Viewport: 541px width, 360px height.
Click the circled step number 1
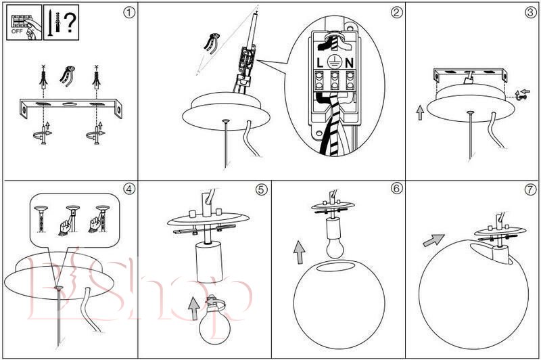128,13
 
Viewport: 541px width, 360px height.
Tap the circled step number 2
396,12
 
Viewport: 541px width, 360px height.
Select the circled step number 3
530,12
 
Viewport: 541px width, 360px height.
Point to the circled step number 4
128,189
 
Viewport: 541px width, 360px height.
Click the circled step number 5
262,189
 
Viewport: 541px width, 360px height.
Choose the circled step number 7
530,189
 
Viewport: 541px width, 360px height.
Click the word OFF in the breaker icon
17,31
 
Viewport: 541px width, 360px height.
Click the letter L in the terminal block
320,63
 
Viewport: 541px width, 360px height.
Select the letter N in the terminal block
349,63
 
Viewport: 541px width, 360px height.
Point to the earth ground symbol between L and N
334,62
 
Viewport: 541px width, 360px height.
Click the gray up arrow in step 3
420,113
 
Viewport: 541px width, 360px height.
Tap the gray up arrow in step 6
299,252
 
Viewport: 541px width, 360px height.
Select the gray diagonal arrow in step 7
433,240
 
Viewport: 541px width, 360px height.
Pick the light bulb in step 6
335,248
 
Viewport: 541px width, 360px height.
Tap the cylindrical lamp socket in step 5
209,262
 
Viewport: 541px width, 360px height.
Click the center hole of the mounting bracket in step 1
70,104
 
